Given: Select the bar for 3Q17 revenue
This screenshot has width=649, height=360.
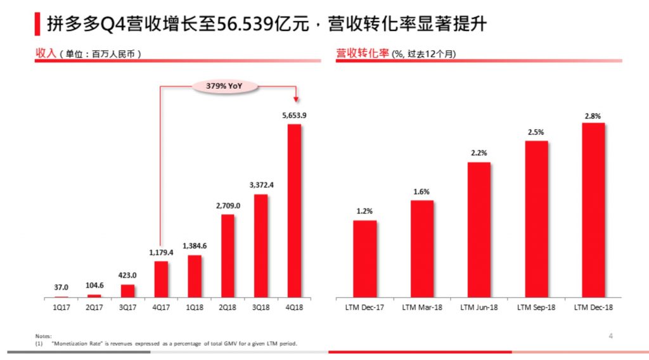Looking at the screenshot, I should coord(128,291).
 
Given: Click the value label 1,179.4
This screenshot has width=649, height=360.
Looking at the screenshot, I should coord(162,252).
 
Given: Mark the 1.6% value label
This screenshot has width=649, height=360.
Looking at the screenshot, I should coord(421,192).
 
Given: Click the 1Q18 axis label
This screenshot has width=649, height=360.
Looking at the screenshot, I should coord(195,307).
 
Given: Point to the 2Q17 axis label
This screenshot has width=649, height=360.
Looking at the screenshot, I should coord(94,307).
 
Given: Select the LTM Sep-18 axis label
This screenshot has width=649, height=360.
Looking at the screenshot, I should coord(536,307).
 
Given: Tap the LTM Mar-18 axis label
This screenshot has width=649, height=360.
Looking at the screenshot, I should coord(422,307).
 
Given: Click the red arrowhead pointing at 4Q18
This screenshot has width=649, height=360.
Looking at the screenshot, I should coord(296,98).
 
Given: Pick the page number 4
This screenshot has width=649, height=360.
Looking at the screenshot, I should coord(610,336).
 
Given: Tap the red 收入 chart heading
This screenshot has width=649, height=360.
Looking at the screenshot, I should coord(46,54).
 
